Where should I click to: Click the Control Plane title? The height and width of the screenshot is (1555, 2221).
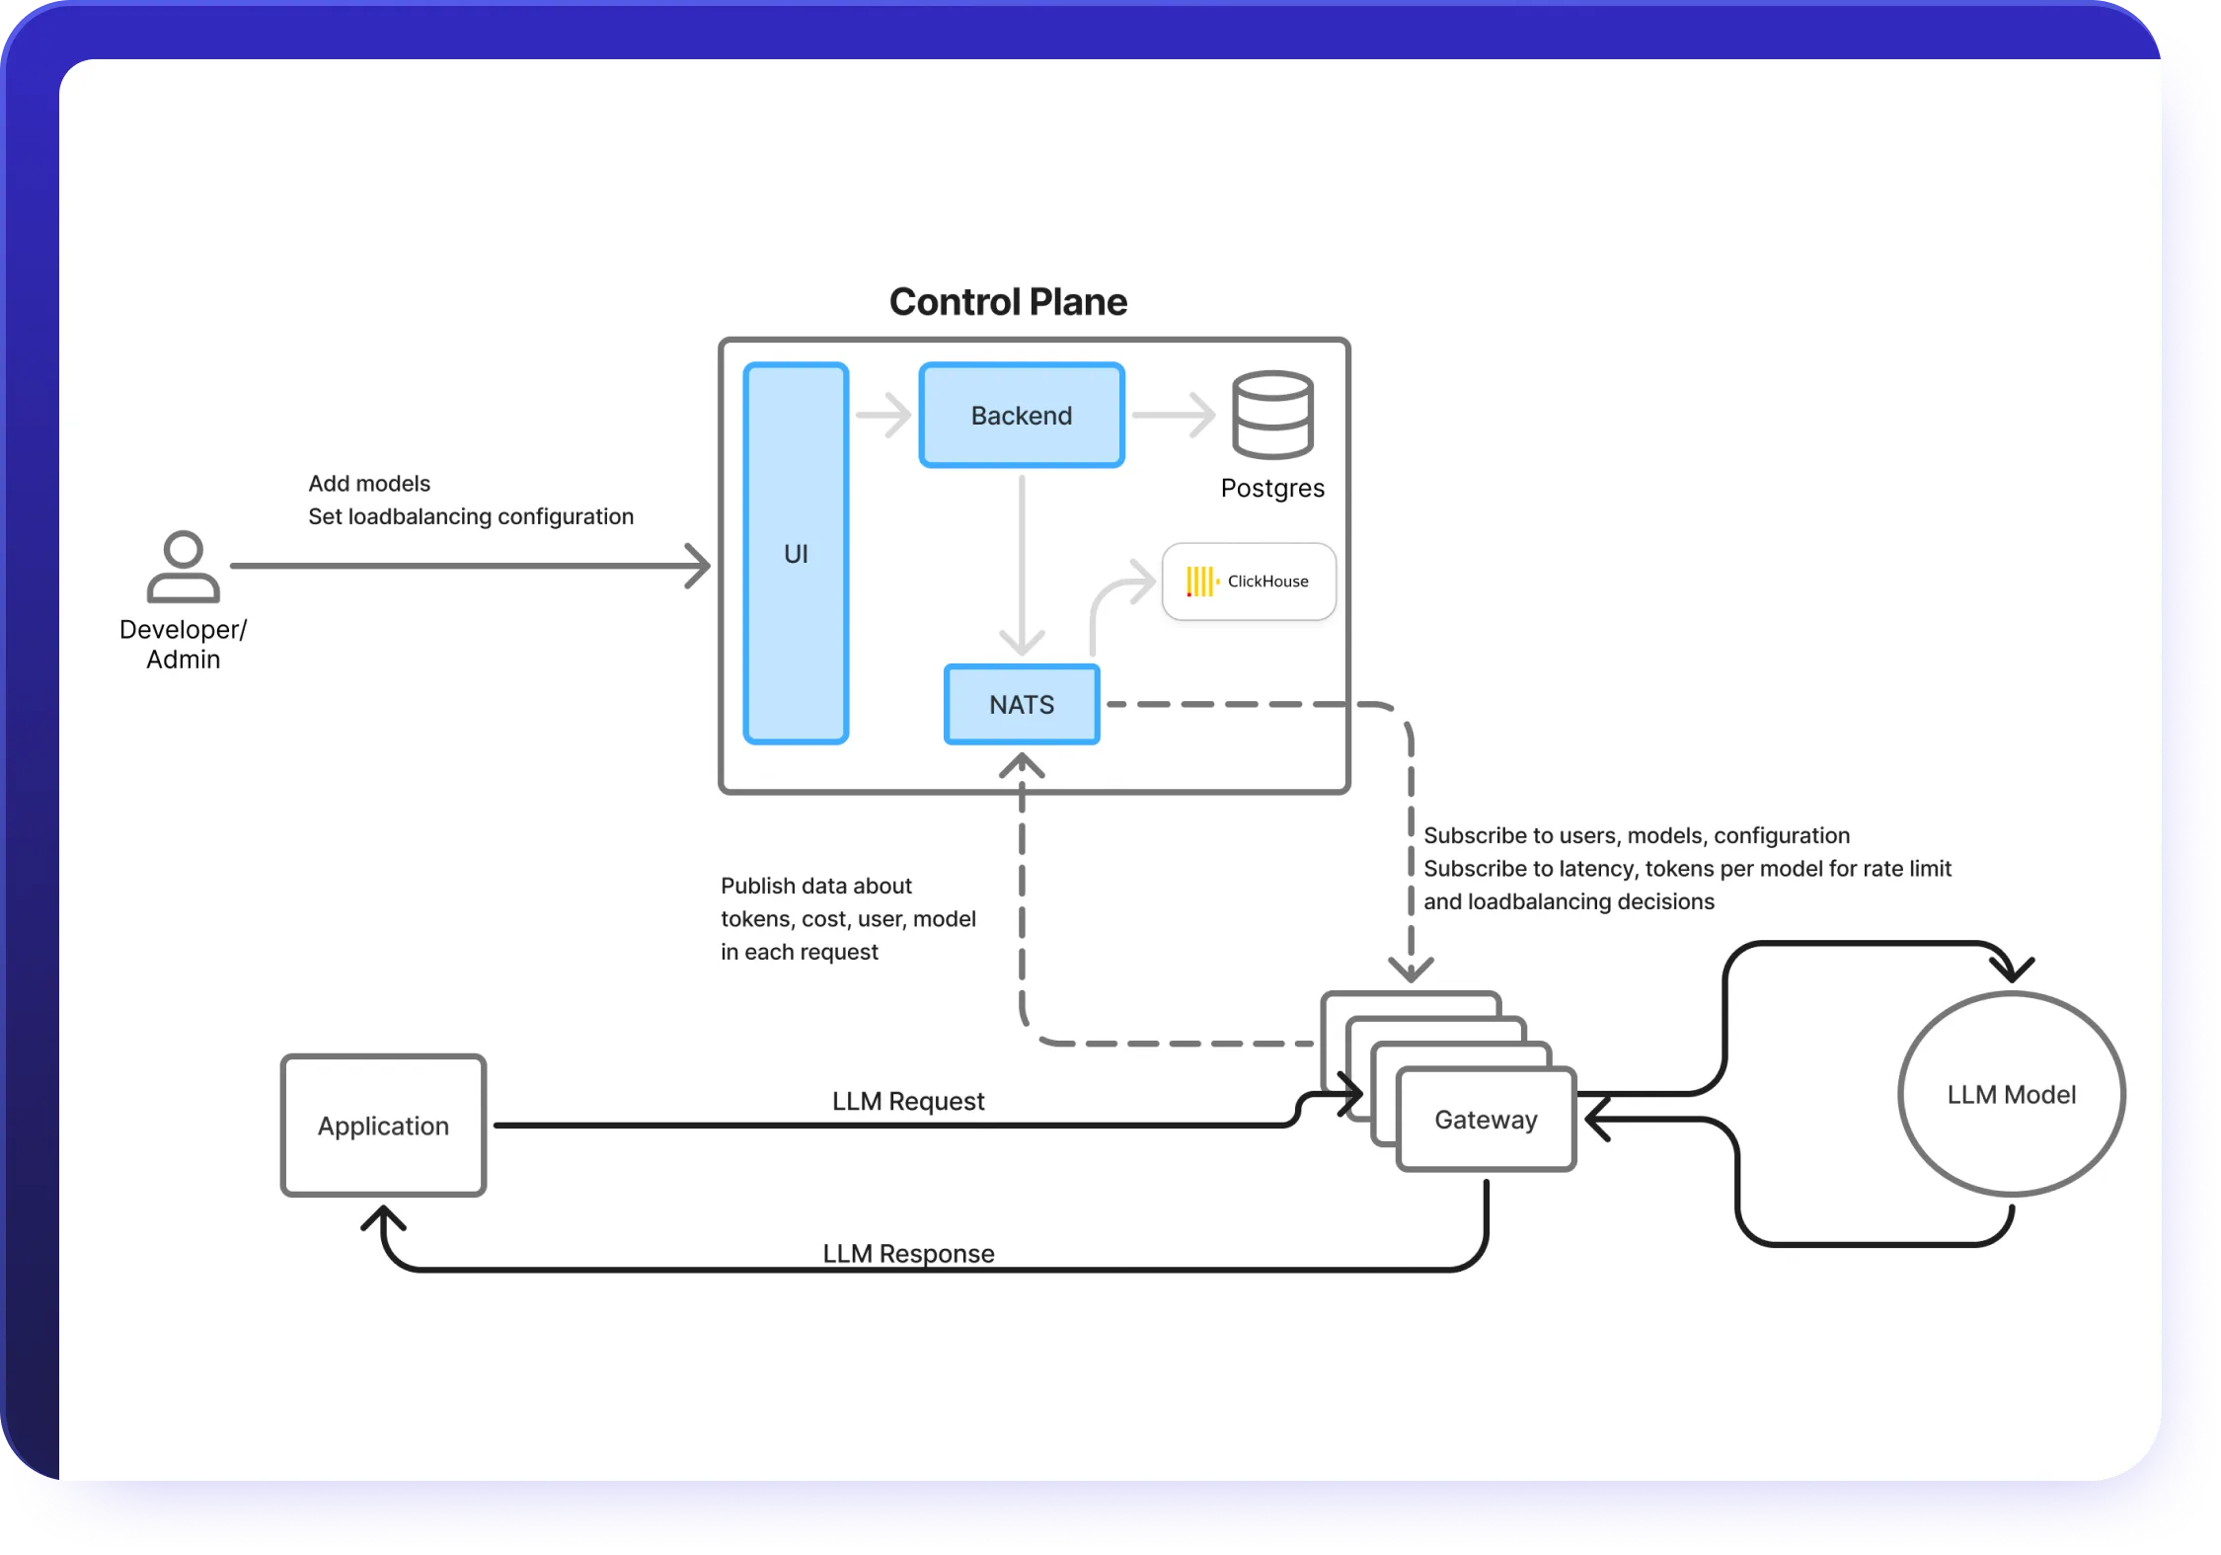point(1008,302)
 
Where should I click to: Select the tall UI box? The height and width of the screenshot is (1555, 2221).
point(796,553)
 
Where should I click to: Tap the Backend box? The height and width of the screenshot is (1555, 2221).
point(1022,416)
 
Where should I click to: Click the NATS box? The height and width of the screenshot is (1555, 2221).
point(1022,704)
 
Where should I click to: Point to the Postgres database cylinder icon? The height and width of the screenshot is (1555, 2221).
point(1272,415)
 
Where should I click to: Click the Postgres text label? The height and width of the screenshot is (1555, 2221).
point(1272,488)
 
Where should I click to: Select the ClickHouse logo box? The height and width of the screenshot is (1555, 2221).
point(1249,582)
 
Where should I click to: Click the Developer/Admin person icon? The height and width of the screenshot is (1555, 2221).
point(184,567)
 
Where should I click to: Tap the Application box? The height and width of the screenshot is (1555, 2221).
point(383,1126)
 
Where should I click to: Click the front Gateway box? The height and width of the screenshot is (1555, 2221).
point(1486,1120)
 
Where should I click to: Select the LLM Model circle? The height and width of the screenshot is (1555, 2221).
point(2011,1094)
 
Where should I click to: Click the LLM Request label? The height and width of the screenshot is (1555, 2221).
point(908,1101)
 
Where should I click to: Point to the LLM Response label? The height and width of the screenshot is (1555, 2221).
point(908,1253)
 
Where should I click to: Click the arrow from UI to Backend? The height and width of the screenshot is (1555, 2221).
point(883,415)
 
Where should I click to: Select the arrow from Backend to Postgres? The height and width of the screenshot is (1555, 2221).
point(1173,415)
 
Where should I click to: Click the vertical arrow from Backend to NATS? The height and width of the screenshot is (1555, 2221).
point(1022,563)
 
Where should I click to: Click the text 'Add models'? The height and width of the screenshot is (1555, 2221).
point(369,483)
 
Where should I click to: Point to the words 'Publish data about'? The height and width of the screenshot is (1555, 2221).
point(815,886)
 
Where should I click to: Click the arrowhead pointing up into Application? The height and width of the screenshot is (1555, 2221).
point(383,1220)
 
